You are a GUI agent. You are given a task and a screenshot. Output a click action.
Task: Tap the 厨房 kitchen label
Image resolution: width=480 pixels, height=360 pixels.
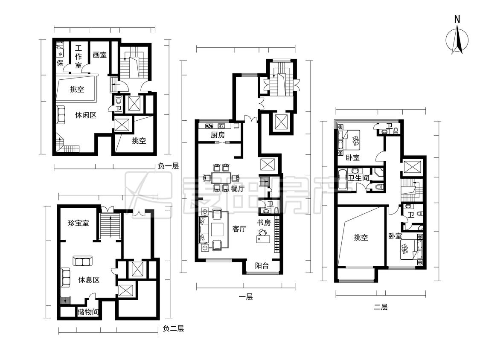click(218, 135)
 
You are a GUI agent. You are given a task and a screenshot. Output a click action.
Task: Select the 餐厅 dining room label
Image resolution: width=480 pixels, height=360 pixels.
click(237, 189)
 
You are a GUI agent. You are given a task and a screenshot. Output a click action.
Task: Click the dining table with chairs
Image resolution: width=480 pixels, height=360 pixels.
click(221, 177)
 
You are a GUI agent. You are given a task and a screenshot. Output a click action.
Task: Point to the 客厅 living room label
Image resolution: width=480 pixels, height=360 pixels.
click(239, 229)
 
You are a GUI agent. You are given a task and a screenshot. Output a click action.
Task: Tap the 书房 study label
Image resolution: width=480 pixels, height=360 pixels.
click(264, 223)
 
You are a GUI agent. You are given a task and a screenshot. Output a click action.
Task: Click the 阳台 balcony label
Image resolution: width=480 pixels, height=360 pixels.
click(262, 265)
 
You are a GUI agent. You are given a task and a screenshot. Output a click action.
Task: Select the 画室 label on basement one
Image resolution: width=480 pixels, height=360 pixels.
click(99, 55)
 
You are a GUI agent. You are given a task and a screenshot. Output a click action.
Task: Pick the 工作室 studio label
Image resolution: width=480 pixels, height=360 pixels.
click(79, 57)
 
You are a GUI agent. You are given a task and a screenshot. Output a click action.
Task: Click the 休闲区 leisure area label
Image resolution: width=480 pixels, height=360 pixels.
click(86, 115)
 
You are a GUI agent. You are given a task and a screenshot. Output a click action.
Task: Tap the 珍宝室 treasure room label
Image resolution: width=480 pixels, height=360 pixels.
click(79, 223)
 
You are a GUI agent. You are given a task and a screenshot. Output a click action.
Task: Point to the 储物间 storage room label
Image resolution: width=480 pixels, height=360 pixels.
click(88, 312)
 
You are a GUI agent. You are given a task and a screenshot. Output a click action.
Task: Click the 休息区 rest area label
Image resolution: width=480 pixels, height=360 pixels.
click(89, 280)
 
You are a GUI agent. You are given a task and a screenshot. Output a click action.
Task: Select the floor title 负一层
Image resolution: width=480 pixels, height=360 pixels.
click(169, 166)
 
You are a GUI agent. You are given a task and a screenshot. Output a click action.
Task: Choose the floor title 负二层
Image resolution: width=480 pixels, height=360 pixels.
click(173, 329)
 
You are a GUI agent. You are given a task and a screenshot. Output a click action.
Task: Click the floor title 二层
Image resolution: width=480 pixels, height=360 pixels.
click(381, 307)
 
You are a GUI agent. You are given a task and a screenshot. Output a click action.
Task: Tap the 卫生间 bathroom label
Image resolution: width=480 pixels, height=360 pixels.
click(359, 178)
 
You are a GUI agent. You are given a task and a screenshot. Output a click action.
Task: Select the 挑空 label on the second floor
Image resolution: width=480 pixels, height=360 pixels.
click(361, 237)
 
